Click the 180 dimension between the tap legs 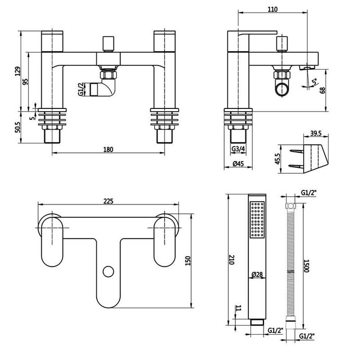[108, 149]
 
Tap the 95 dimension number [26, 81]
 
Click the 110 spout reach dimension [272, 9]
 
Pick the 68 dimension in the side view [322, 89]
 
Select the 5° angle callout [314, 81]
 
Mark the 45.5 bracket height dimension [278, 159]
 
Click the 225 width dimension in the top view [108, 201]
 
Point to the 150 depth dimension [188, 261]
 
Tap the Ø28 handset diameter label [257, 274]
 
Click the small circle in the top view [108, 271]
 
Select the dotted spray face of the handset [257, 220]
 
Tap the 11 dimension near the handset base [238, 309]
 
